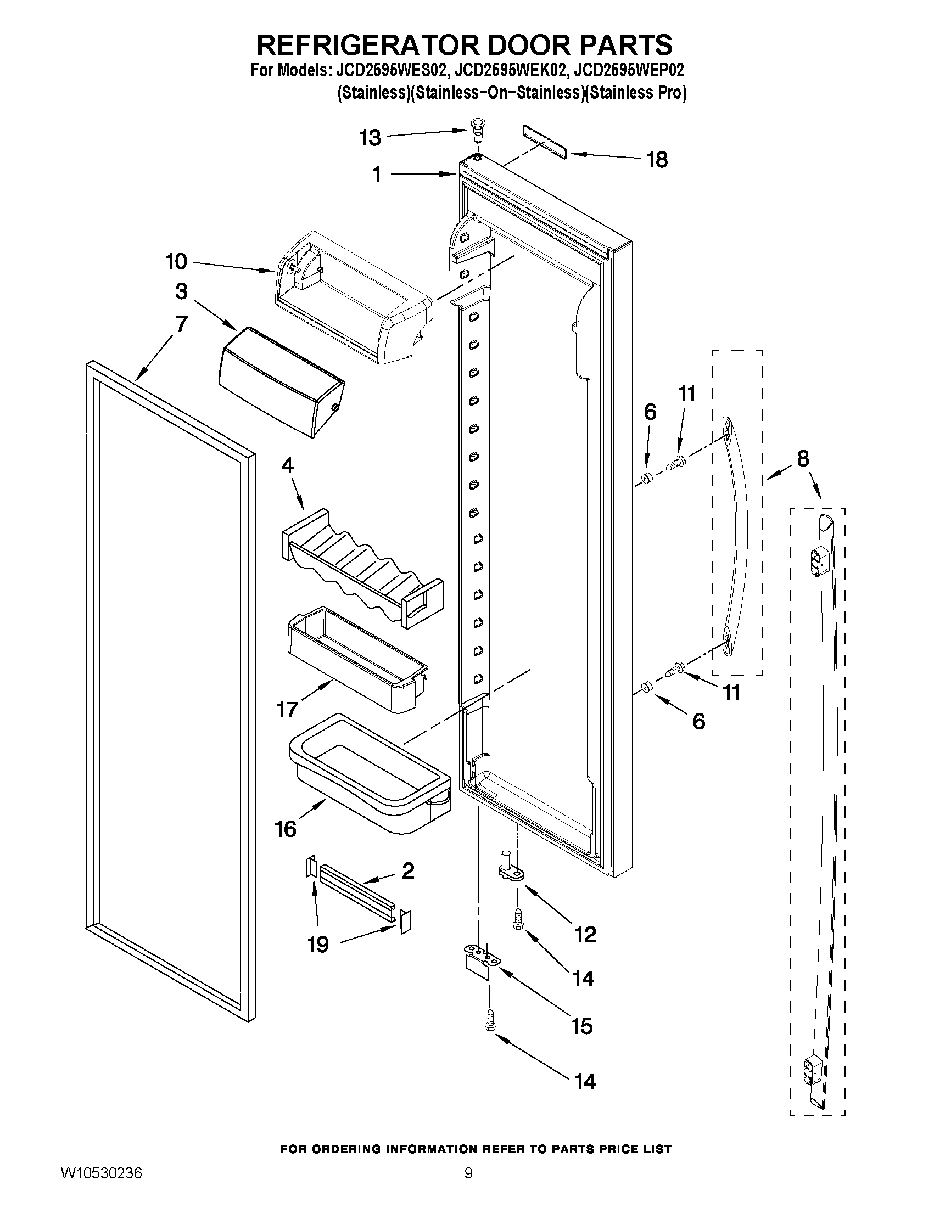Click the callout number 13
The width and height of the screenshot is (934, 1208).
370,137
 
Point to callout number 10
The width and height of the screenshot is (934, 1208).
176,261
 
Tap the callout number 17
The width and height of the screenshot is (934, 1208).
287,709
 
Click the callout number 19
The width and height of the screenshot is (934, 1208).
318,944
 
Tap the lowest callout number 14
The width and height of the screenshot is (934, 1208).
584,1081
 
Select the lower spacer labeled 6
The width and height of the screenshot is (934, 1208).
645,688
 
